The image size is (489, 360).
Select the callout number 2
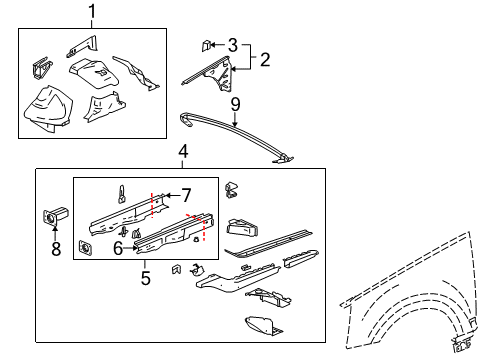coord(265,59)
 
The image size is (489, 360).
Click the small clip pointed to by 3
coord(208,46)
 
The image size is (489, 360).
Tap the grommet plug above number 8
coord(52,216)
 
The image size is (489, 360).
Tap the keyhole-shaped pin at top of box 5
coord(121,191)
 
